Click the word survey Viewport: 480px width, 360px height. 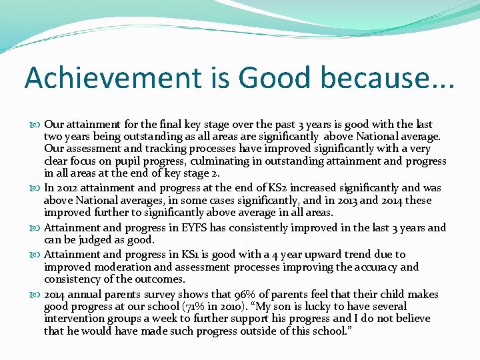pyautogui.click(x=165, y=294)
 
